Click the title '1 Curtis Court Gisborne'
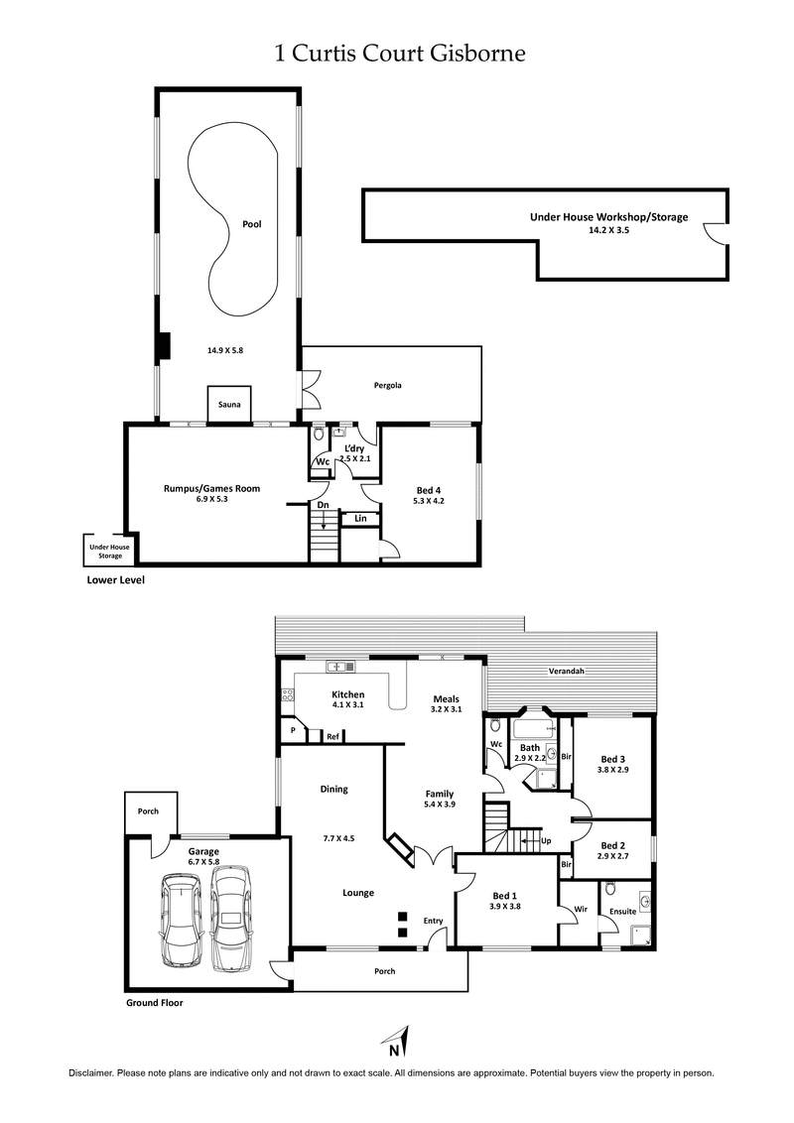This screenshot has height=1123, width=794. (x=399, y=54)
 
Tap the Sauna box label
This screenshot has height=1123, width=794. (x=230, y=405)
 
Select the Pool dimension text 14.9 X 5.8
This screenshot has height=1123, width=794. (x=228, y=349)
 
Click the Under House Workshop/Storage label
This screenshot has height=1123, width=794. (x=608, y=217)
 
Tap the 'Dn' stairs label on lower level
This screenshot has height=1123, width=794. (x=323, y=505)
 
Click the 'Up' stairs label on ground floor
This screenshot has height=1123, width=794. (x=546, y=841)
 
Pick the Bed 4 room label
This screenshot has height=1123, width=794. (x=428, y=488)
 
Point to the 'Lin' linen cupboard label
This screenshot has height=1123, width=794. (x=360, y=518)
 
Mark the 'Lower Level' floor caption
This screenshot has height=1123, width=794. (x=116, y=580)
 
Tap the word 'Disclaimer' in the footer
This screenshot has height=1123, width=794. (x=90, y=1073)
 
